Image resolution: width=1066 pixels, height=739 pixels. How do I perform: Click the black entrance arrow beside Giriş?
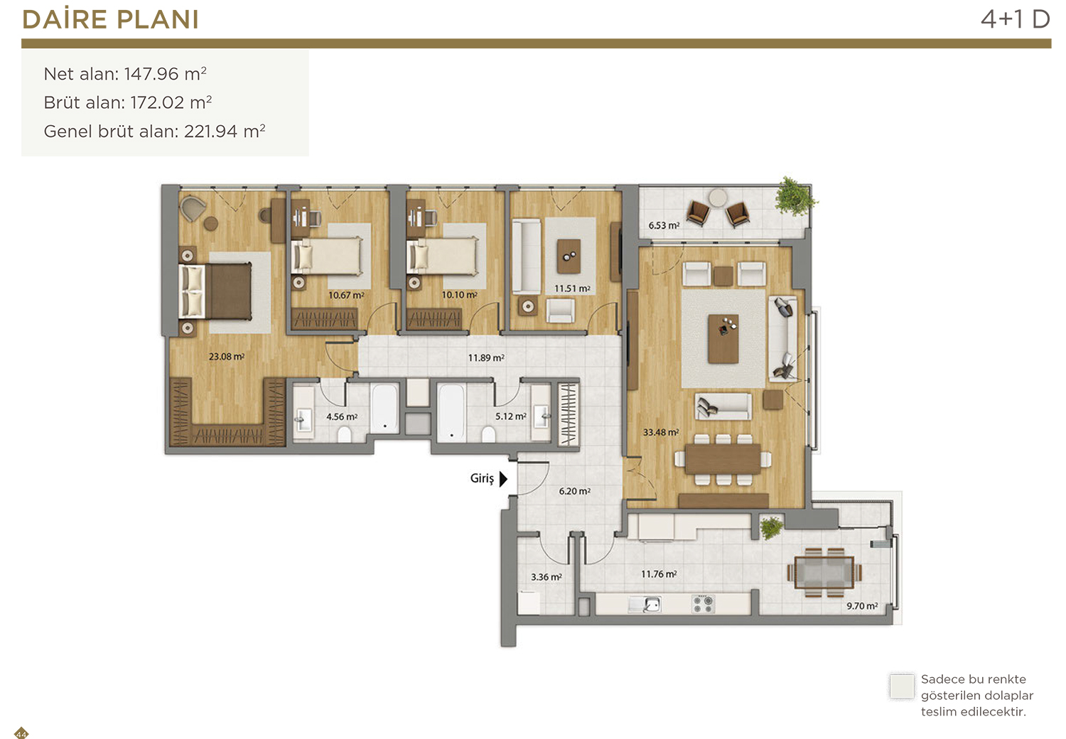(x=503, y=479)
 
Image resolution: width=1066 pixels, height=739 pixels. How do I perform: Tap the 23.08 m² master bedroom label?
(x=227, y=357)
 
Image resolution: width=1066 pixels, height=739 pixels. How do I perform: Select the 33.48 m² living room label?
(x=661, y=432)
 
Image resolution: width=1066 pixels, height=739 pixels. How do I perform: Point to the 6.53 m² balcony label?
(x=664, y=225)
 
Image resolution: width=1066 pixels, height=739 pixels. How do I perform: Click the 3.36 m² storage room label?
(x=547, y=577)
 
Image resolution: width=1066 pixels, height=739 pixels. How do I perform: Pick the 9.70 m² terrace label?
(x=862, y=605)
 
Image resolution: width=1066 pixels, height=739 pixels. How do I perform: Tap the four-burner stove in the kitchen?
(x=703, y=603)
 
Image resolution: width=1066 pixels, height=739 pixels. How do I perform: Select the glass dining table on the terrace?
(x=824, y=573)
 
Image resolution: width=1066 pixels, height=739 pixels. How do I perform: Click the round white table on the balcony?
(x=718, y=197)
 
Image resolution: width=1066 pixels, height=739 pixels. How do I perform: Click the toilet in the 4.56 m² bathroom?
(x=344, y=434)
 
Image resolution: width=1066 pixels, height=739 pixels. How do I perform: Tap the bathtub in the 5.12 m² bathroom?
(x=451, y=412)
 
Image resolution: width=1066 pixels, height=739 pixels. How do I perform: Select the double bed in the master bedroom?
(x=215, y=291)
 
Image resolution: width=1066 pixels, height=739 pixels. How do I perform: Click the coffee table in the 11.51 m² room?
(x=569, y=256)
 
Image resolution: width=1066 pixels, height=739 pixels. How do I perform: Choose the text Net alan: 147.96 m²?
(x=125, y=74)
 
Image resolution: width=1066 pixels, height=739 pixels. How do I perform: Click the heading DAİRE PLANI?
(x=110, y=19)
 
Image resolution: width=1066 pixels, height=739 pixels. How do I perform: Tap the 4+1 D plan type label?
(x=1015, y=19)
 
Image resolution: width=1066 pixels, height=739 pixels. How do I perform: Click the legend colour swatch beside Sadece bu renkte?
(x=902, y=686)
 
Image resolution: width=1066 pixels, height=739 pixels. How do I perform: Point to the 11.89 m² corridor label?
(x=486, y=357)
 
